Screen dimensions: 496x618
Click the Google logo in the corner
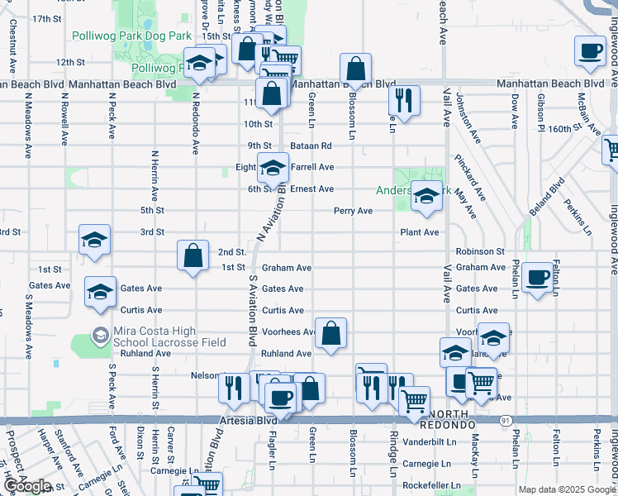(x=26, y=486)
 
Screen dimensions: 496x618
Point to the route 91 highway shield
(x=505, y=421)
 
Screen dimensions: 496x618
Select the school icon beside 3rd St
(x=94, y=240)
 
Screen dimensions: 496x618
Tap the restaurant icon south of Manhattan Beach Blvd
(x=404, y=100)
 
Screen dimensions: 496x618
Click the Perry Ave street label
(x=353, y=211)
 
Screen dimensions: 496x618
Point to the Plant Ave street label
(x=419, y=232)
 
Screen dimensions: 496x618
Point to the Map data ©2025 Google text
(x=566, y=489)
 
